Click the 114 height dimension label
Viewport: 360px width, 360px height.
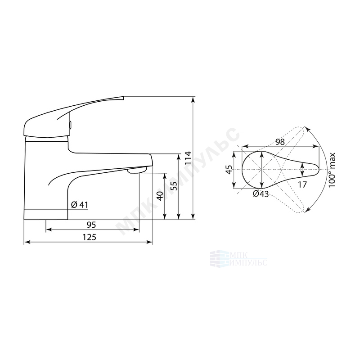pyautogui.click(x=188, y=157)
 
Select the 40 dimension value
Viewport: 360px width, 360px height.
pyautogui.click(x=161, y=196)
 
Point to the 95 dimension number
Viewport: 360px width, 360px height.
pyautogui.click(x=91, y=225)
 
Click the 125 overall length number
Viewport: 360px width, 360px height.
pyautogui.click(x=89, y=237)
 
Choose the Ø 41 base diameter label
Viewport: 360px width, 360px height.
pyautogui.click(x=80, y=205)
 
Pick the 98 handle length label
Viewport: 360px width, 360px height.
pyautogui.click(x=280, y=142)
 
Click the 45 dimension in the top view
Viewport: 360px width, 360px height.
pyautogui.click(x=229, y=170)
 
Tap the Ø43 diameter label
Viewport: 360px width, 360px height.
pyautogui.click(x=261, y=194)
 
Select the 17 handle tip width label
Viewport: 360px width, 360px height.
pyautogui.click(x=302, y=184)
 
